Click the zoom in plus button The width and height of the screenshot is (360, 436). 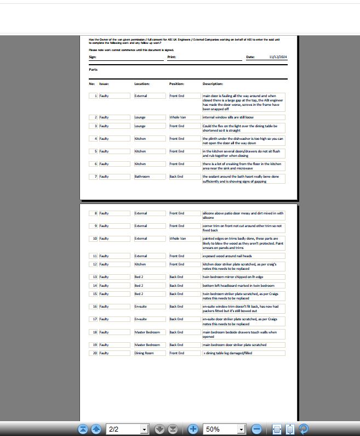click(x=193, y=429)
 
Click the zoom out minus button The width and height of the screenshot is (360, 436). click(x=256, y=429)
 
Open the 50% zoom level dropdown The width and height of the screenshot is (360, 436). click(x=241, y=429)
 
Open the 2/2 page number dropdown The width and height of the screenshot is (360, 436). click(x=145, y=429)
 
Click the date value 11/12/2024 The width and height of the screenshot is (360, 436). click(x=278, y=57)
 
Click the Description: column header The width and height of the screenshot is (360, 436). click(x=213, y=84)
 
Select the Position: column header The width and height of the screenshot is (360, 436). click(x=176, y=84)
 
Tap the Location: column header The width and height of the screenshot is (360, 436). click(x=142, y=84)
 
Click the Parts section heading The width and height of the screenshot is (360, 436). click(x=93, y=70)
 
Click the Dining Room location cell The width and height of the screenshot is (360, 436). click(x=144, y=353)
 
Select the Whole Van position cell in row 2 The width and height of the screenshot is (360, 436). click(x=178, y=117)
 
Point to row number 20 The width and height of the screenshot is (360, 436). click(x=95, y=353)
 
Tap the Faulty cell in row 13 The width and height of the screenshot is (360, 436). click(x=104, y=277)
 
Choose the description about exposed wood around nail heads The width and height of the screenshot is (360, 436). click(x=227, y=256)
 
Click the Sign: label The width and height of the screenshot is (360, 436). click(x=93, y=57)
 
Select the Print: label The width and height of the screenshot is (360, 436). click(x=172, y=57)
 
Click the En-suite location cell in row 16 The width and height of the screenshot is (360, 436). click(x=141, y=307)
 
